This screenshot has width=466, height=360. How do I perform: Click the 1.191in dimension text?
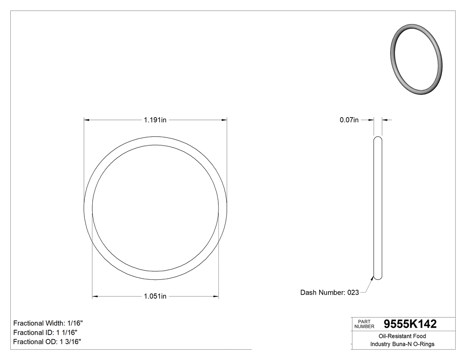[x=155, y=120]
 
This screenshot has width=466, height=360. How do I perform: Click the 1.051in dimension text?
[x=155, y=297]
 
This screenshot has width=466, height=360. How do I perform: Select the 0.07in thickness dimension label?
[x=349, y=120]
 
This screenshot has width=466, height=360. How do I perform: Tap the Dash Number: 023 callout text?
[x=329, y=293]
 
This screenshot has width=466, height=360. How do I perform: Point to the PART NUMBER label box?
[x=364, y=324]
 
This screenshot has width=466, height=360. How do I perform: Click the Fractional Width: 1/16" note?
[x=48, y=323]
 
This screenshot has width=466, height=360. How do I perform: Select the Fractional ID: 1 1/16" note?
[x=46, y=332]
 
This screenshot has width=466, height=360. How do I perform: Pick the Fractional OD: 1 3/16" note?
[x=47, y=342]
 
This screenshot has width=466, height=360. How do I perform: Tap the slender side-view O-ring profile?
[x=378, y=209]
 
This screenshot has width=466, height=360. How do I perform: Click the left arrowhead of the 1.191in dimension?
[x=87, y=120]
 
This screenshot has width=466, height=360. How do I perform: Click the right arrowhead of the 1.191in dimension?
[x=224, y=120]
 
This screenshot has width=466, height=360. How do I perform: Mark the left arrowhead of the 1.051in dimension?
[x=95, y=297]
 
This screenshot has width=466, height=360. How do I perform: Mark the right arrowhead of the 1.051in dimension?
[x=216, y=297]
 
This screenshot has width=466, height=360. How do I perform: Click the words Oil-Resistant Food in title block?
[x=403, y=336]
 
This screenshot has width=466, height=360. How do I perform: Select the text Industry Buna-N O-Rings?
[x=403, y=344]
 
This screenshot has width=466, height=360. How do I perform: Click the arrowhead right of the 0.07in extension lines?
[x=384, y=120]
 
